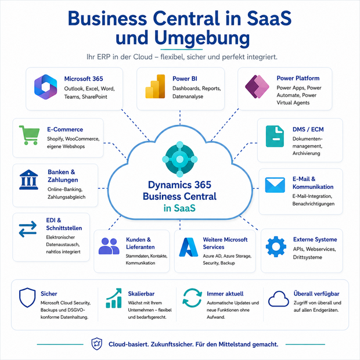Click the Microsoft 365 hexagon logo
[x=45, y=87]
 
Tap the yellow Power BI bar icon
[x=155, y=87]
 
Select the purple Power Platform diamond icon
[x=257, y=87]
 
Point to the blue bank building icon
[x=28, y=179]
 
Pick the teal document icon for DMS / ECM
[x=275, y=136]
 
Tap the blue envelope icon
[x=275, y=185]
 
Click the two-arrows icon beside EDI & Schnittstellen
[x=28, y=229]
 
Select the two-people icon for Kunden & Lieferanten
[x=109, y=246]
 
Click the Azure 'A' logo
[x=189, y=247]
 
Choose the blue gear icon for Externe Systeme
[x=276, y=246]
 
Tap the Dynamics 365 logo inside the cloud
[x=180, y=159]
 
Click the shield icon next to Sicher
[x=27, y=297]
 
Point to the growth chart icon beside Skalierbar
[x=114, y=298]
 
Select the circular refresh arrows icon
[x=192, y=298]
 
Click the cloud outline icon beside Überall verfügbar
[x=279, y=298]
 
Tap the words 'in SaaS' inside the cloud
[x=179, y=208]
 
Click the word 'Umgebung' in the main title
[x=202, y=37]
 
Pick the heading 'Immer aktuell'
[x=225, y=294]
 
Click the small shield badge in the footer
[x=96, y=344]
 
